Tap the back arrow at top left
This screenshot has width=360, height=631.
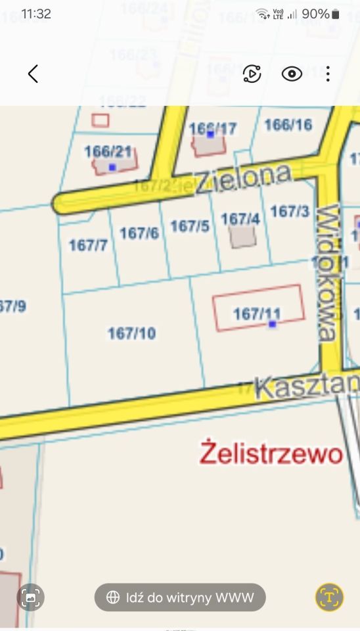click(x=33, y=74)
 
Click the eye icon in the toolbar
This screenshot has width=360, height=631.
click(x=292, y=74)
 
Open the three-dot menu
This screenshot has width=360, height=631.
click(x=327, y=74)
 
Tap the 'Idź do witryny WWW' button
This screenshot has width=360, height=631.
click(x=180, y=597)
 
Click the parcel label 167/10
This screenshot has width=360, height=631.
click(x=132, y=334)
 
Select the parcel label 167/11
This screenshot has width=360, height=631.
click(x=257, y=314)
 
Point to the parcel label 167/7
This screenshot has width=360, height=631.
click(x=88, y=245)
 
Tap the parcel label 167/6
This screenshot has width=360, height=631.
click(x=139, y=233)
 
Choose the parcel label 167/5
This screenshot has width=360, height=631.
click(x=190, y=226)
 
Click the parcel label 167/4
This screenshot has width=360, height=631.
click(x=240, y=219)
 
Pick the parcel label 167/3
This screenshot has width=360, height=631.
click(x=290, y=212)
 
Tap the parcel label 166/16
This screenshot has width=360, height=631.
click(x=288, y=124)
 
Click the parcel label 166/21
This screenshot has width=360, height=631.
click(x=108, y=152)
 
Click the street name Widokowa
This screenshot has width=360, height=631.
click(x=328, y=272)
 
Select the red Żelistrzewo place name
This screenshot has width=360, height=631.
click(x=271, y=453)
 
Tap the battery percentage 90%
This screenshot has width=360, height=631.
click(x=315, y=14)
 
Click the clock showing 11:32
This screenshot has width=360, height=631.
click(x=36, y=14)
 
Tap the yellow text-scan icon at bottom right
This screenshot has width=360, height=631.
click(x=329, y=597)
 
